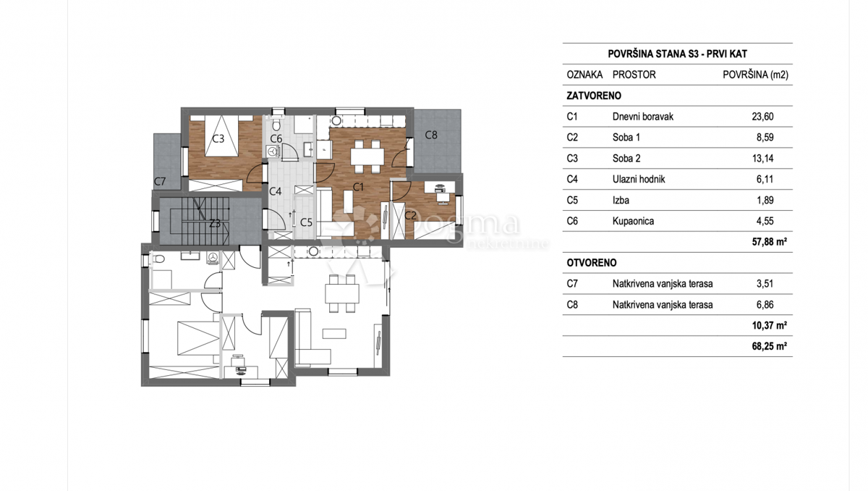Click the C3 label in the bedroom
click(218, 138)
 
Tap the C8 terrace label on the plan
click(431, 135)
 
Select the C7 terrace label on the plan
click(160, 181)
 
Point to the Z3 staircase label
click(215, 223)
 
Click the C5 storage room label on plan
click(306, 222)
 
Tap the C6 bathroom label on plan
click(276, 138)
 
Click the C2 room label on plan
click(410, 215)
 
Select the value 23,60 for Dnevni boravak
click(762, 117)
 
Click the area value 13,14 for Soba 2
click(762, 159)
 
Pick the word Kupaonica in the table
click(633, 221)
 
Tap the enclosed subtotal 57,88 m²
click(770, 242)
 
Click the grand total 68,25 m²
click(770, 346)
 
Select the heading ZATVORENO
click(594, 96)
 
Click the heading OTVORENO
click(592, 263)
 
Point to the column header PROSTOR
click(634, 75)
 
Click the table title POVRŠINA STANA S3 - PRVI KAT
click(677, 54)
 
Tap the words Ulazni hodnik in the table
click(639, 179)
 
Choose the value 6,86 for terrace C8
click(765, 305)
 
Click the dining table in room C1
click(367, 156)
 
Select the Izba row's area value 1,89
click(765, 200)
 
